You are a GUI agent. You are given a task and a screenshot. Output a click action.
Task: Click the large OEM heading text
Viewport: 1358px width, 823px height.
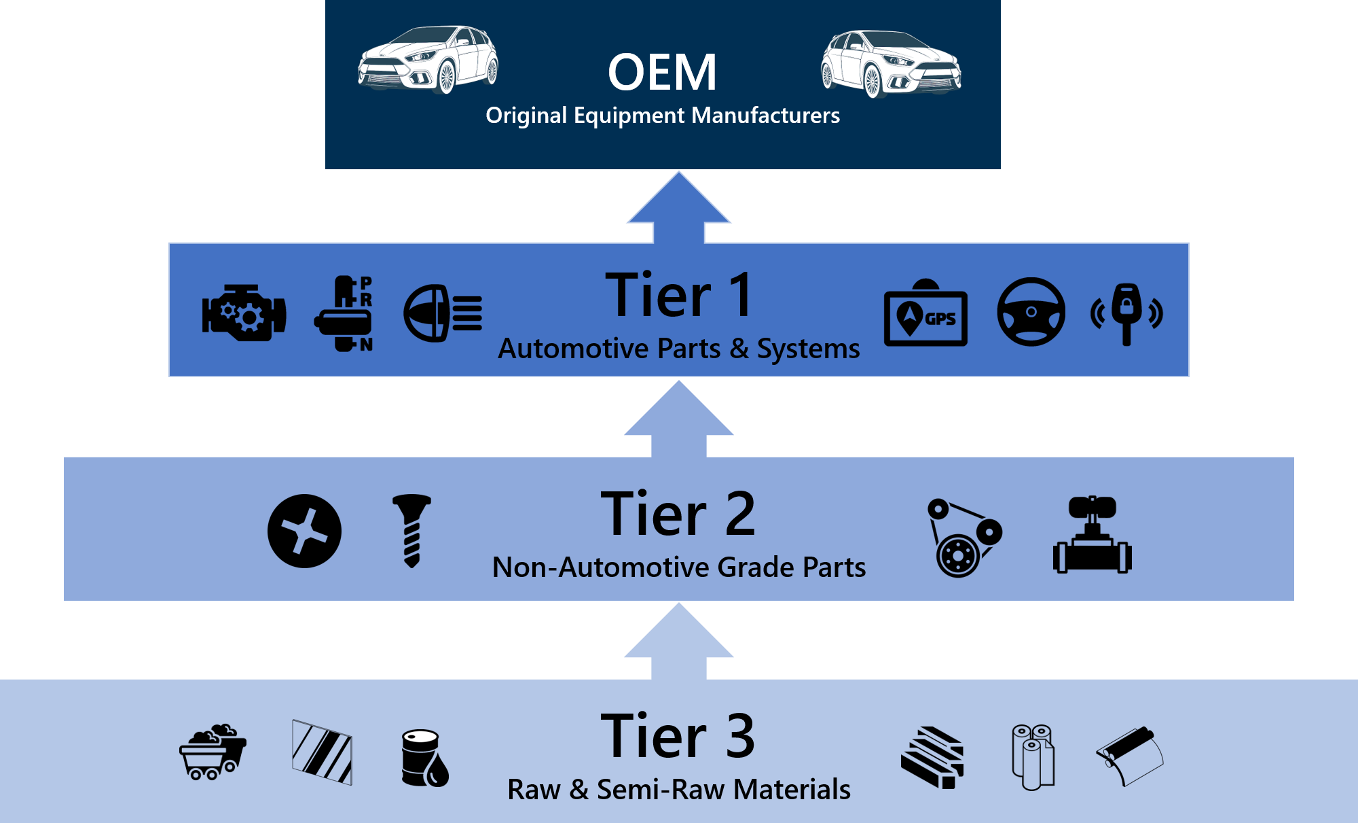click(662, 73)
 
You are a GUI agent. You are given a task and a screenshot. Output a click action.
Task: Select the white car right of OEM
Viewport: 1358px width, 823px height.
click(891, 63)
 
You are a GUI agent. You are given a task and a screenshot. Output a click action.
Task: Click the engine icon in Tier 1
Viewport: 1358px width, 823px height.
click(244, 313)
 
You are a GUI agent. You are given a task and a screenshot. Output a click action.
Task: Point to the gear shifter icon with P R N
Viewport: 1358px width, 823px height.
click(345, 313)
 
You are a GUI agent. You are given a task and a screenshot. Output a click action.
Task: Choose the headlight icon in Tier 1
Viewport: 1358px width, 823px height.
click(442, 313)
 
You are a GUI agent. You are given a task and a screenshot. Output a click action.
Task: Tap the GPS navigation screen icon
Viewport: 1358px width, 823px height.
click(925, 314)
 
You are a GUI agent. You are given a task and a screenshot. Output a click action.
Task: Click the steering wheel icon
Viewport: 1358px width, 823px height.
click(1031, 312)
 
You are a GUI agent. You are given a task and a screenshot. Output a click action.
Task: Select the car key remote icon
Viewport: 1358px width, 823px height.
click(1126, 313)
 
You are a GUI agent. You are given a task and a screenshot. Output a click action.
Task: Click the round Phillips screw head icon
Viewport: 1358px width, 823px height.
click(304, 531)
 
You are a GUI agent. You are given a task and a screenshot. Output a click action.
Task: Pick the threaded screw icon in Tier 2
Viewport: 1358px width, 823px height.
click(411, 530)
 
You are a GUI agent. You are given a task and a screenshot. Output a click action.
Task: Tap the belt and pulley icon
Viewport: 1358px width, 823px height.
click(963, 538)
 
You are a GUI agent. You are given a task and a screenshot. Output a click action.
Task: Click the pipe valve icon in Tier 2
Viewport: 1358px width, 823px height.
click(1092, 536)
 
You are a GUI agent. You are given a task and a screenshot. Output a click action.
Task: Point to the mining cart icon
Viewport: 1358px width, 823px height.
click(213, 752)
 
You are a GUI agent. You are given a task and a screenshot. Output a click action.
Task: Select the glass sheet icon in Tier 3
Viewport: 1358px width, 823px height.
click(322, 752)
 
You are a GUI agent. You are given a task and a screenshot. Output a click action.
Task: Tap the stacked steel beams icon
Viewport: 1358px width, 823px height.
click(932, 757)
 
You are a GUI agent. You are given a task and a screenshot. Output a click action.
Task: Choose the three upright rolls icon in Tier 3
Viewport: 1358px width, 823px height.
click(1033, 756)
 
